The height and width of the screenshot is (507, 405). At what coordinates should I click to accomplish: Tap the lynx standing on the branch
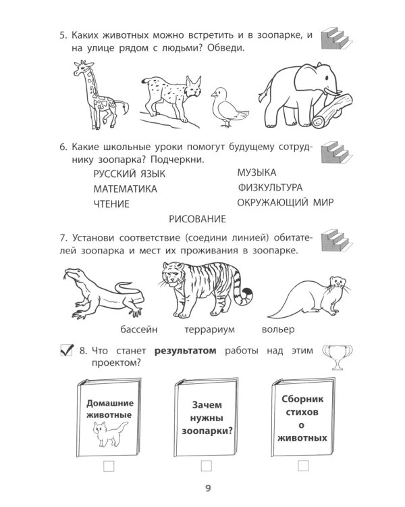click(x=169, y=99)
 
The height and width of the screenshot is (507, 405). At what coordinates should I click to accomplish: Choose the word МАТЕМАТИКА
click(x=125, y=189)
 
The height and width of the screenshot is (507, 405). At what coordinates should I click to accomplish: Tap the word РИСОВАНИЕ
click(x=195, y=218)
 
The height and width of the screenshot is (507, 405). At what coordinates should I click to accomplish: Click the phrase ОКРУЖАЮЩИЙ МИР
click(x=286, y=201)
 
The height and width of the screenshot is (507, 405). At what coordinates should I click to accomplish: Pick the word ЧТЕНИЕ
click(x=111, y=203)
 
